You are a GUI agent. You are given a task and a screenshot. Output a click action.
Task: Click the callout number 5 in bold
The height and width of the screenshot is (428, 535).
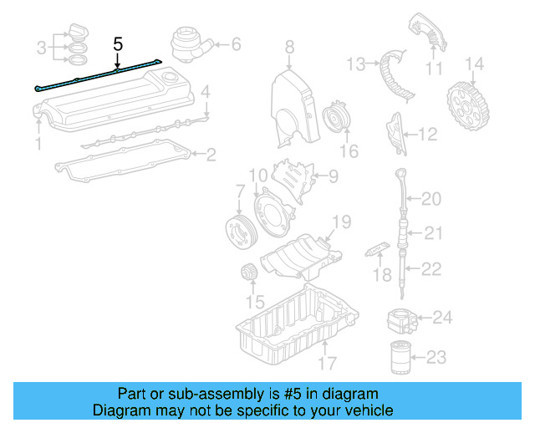(118, 43)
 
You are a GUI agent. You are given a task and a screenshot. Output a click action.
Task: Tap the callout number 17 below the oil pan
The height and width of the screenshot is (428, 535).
(327, 364)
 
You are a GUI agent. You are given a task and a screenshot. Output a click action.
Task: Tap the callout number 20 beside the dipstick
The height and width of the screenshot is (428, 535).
(431, 199)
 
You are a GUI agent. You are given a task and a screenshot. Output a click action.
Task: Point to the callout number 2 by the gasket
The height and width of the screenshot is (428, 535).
(211, 154)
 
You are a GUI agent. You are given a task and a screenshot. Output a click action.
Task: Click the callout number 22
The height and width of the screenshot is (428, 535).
(431, 269)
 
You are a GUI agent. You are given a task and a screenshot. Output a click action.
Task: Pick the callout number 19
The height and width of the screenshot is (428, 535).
(341, 222)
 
